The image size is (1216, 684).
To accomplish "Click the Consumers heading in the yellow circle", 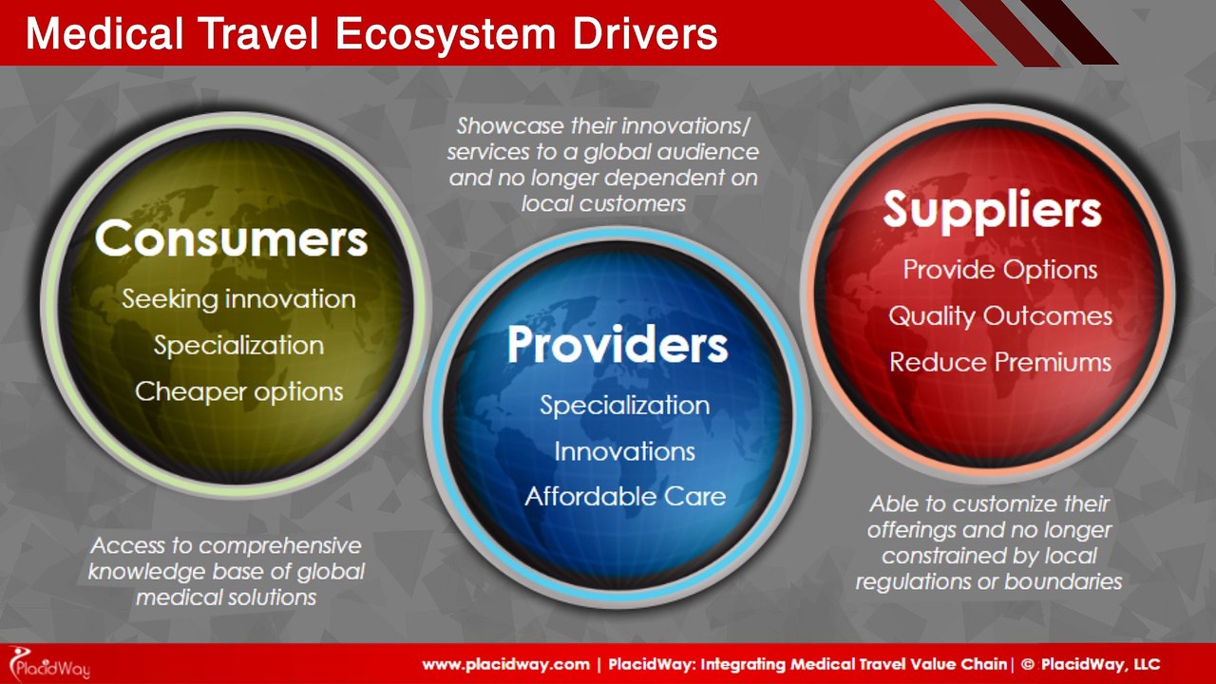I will tap(231, 240).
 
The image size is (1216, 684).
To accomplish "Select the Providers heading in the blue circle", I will tap(617, 346).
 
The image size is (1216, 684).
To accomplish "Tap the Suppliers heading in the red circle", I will tap(992, 211).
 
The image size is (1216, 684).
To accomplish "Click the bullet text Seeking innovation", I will tap(238, 299).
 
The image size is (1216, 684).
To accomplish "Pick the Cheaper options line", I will tap(238, 390).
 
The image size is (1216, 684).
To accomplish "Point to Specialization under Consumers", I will tap(238, 345).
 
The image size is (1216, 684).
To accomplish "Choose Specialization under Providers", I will tap(624, 406).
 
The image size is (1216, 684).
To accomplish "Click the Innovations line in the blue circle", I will tap(624, 451).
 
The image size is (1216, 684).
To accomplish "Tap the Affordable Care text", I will tap(624, 496).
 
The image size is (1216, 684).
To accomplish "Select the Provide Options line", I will tap(999, 270).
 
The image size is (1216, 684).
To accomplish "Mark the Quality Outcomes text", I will tap(999, 316).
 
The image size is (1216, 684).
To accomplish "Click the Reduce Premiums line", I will tap(999, 362).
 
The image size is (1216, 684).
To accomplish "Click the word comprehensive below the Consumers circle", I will tap(280, 547).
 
